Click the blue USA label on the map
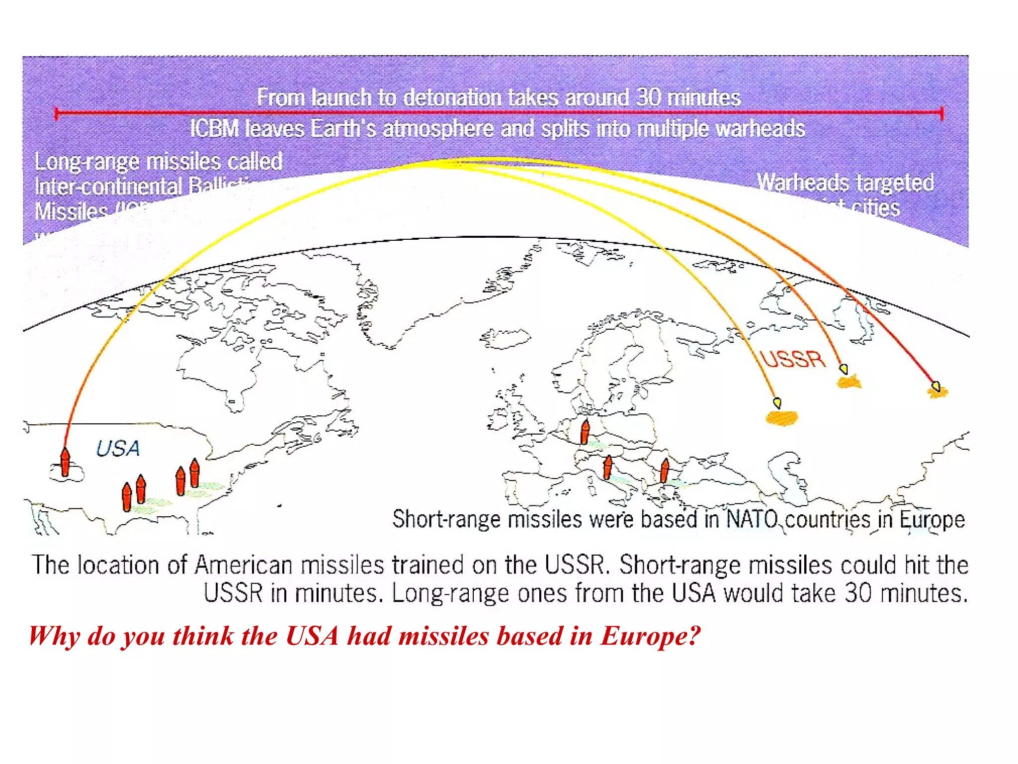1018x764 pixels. click(x=118, y=449)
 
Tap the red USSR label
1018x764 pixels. click(x=793, y=359)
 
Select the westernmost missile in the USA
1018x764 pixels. click(x=65, y=462)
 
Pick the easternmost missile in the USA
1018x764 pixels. click(x=195, y=473)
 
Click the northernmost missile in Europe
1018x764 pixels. click(x=585, y=431)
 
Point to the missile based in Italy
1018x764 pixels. click(x=607, y=468)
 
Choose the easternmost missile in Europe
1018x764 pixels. click(x=665, y=471)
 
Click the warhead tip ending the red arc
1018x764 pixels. click(x=936, y=386)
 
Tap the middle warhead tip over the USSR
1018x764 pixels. click(x=844, y=369)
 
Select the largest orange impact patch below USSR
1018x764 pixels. click(x=782, y=417)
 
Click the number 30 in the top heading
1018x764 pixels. click(x=648, y=97)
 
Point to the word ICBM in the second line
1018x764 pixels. click(x=214, y=129)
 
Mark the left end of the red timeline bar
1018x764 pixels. click(x=57, y=113)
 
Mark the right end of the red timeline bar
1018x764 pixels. click(x=941, y=113)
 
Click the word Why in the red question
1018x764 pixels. click(x=54, y=636)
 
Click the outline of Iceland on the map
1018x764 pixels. click(x=505, y=338)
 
